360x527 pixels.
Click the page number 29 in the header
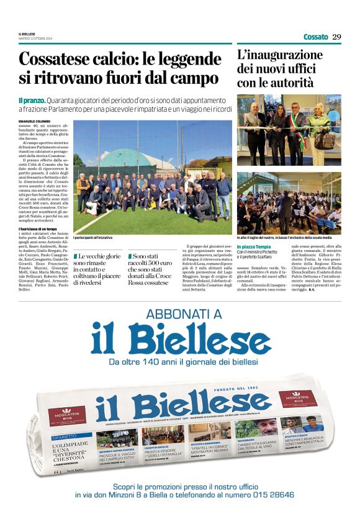click(336, 37)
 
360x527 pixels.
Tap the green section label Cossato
click(316, 37)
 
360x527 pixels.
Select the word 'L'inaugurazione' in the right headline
click(280, 55)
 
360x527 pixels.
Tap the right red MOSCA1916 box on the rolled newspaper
click(297, 398)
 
